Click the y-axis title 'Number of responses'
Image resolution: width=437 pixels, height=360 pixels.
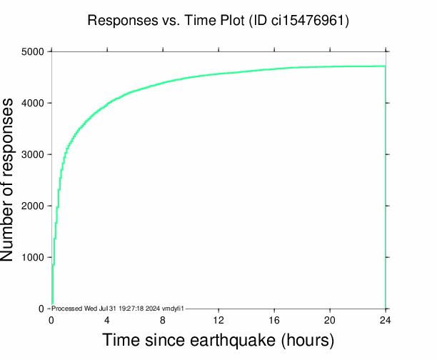tap(13, 180)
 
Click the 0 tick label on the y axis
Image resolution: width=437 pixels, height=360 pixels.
tap(41, 309)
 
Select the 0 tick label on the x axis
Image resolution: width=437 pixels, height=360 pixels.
tap(51, 320)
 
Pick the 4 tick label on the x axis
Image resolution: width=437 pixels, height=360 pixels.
tap(107, 320)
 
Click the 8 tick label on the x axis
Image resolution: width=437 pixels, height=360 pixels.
tap(163, 320)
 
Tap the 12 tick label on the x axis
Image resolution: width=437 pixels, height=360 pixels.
tap(218, 320)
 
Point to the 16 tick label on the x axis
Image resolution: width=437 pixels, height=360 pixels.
tap(274, 320)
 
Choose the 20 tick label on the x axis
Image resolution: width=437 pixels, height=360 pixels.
tap(330, 320)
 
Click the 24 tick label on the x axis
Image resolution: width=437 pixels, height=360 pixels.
tap(386, 320)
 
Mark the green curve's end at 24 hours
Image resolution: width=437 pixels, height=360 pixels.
tap(385, 66)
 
